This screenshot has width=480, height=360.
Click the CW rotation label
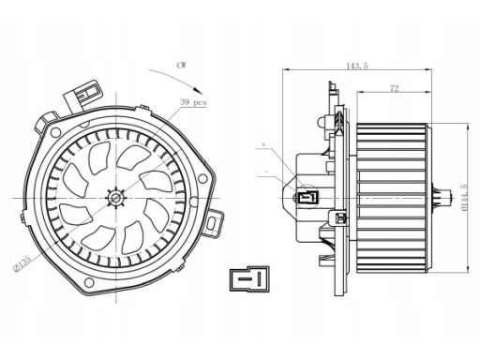click(x=181, y=65)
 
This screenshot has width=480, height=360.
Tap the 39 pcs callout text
click(x=193, y=102)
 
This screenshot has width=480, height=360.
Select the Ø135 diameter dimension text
click(x=22, y=263)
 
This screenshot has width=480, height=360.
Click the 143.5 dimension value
click(x=357, y=66)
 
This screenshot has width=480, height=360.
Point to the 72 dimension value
click(x=395, y=88)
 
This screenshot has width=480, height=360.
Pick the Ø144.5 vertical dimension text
click(x=464, y=198)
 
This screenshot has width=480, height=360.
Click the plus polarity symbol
click(x=263, y=144)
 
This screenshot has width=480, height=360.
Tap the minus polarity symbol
click(x=266, y=172)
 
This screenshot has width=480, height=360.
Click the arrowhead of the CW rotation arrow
click(x=199, y=90)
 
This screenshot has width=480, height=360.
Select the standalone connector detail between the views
click(x=249, y=279)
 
